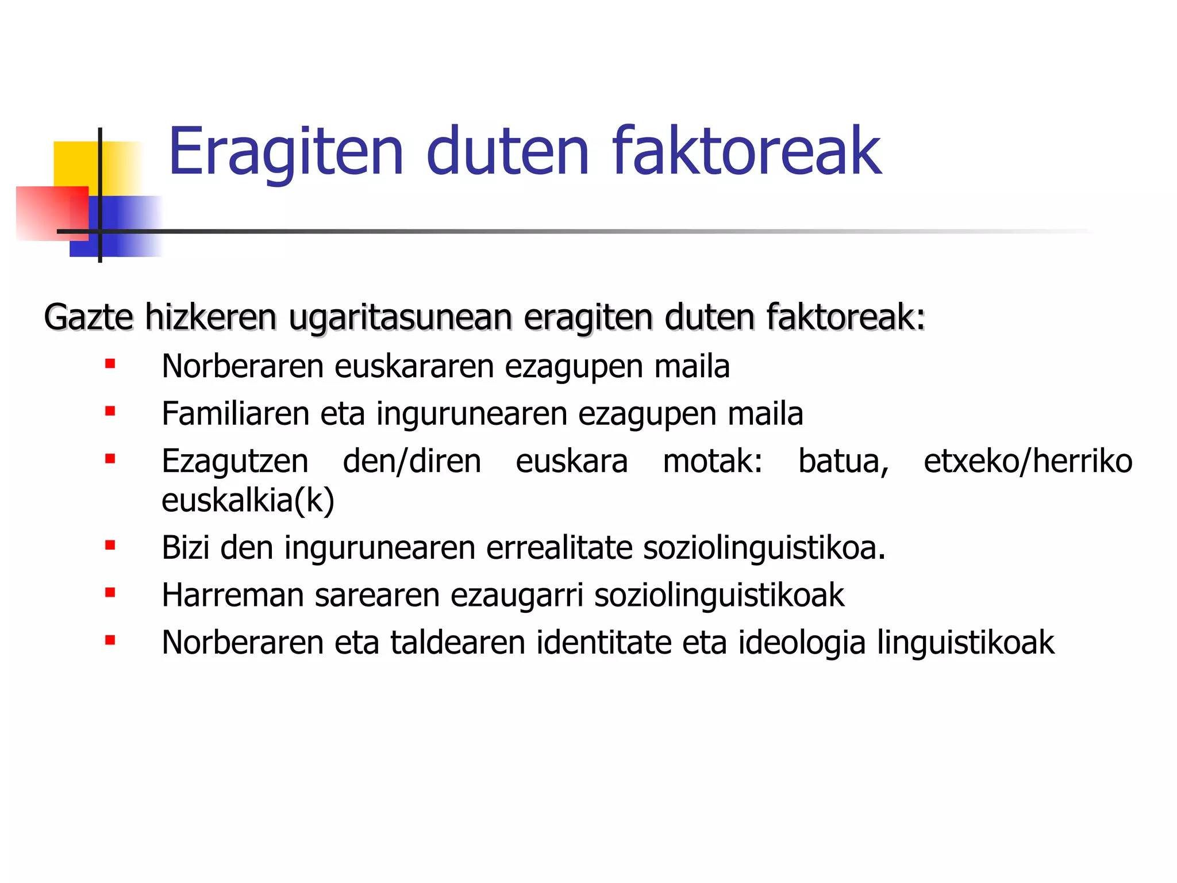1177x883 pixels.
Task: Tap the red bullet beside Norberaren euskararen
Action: pyautogui.click(x=110, y=364)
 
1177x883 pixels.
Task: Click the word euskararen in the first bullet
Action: pyautogui.click(x=414, y=366)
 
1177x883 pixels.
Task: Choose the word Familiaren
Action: pyautogui.click(x=235, y=413)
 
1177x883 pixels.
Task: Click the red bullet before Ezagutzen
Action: pyautogui.click(x=110, y=459)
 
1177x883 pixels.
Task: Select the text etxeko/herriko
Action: pyautogui.click(x=1028, y=461)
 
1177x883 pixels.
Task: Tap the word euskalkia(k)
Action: pyautogui.click(x=248, y=500)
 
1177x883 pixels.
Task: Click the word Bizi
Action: pyautogui.click(x=185, y=547)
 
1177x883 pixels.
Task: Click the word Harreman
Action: pyautogui.click(x=233, y=595)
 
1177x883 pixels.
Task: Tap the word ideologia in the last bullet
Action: pyautogui.click(x=802, y=642)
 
